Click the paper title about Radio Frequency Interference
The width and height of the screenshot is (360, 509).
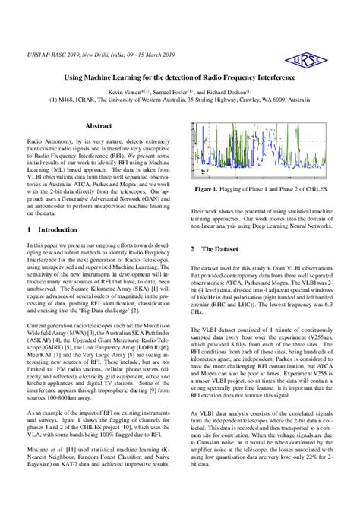coord(179,77)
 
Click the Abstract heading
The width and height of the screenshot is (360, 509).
coord(99,125)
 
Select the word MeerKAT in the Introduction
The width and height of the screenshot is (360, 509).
coord(40,355)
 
